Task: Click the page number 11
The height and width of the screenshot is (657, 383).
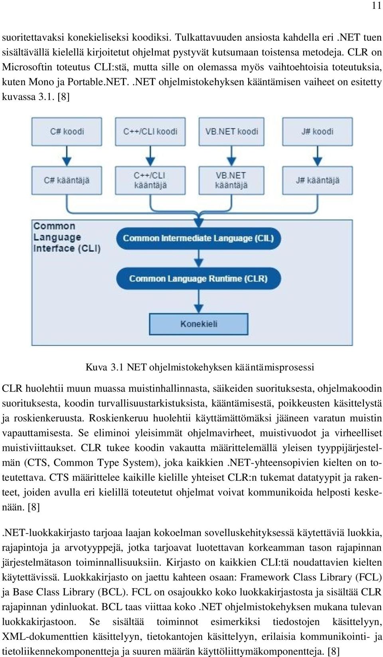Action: pyautogui.click(x=376, y=6)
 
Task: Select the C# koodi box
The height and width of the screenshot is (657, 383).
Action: pyautogui.click(x=67, y=132)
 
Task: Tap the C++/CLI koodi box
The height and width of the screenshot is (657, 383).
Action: pyautogui.click(x=150, y=132)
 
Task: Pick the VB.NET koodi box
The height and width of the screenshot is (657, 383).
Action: pyautogui.click(x=231, y=132)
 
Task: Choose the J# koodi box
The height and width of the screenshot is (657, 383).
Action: pyautogui.click(x=318, y=132)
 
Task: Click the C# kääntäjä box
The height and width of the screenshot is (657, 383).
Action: pyautogui.click(x=67, y=180)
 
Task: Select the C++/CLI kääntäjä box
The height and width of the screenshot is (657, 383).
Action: pyautogui.click(x=150, y=180)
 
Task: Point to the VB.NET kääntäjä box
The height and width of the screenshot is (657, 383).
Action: pyautogui.click(x=231, y=180)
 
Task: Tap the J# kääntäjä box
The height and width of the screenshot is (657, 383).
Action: pyautogui.click(x=318, y=180)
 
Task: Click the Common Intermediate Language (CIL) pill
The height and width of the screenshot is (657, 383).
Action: pyautogui.click(x=199, y=238)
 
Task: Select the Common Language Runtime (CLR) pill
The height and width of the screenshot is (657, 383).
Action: pyautogui.click(x=199, y=278)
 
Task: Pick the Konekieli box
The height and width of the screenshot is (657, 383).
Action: pyautogui.click(x=199, y=324)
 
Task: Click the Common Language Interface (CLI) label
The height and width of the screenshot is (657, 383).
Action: pyautogui.click(x=67, y=237)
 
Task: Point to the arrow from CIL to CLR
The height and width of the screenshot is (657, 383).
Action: pyautogui.click(x=199, y=259)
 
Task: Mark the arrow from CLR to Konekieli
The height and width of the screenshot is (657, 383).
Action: pyautogui.click(x=199, y=301)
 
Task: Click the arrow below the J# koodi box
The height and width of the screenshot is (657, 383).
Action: pyautogui.click(x=318, y=156)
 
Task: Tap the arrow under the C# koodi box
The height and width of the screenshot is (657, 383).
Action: pyautogui.click(x=67, y=156)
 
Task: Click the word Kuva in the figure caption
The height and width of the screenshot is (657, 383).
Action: pyautogui.click(x=96, y=367)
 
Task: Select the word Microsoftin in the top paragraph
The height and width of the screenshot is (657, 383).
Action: pyautogui.click(x=27, y=67)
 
